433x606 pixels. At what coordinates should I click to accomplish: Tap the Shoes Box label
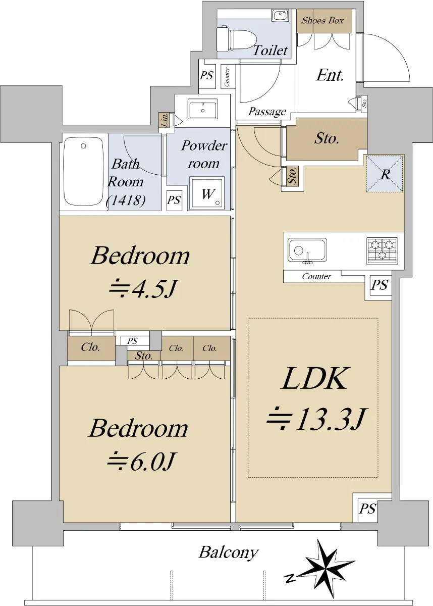(322, 21)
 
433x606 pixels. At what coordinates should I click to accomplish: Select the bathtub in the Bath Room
(83, 172)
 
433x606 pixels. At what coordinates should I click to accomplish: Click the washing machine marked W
(207, 193)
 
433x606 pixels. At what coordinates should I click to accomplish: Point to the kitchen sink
(307, 251)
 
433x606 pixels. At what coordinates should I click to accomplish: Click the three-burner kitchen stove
(382, 251)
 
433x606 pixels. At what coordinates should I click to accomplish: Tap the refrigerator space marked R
(385, 174)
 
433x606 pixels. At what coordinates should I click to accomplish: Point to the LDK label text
(314, 378)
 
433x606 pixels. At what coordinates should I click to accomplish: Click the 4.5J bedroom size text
(142, 290)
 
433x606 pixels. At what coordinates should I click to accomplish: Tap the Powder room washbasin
(203, 109)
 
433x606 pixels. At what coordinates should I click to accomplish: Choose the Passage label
(267, 112)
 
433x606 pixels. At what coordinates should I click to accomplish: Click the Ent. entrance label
(330, 75)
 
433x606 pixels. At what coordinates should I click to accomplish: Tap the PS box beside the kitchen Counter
(380, 285)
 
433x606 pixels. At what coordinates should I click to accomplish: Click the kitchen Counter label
(316, 277)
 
